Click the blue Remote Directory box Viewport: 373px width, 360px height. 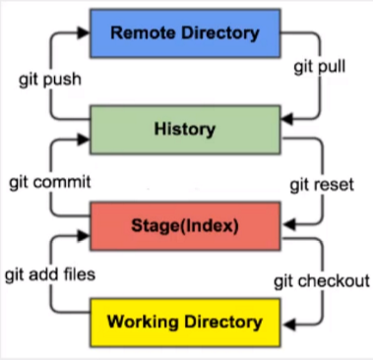(x=184, y=33)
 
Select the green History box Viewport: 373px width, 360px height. (x=184, y=129)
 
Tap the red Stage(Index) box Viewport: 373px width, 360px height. (x=184, y=224)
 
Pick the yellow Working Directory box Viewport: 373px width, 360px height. (x=184, y=321)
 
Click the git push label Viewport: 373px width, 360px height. (x=48, y=79)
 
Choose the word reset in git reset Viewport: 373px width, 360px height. (x=332, y=184)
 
